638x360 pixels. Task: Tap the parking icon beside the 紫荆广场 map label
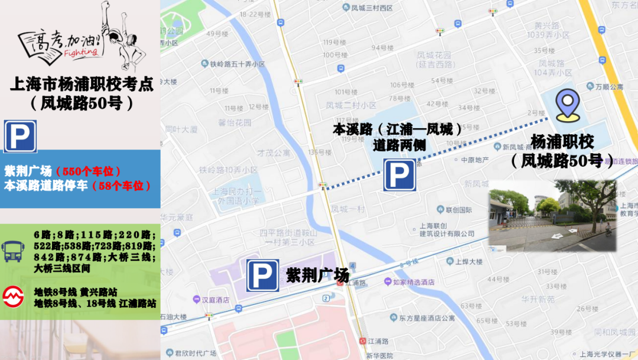tap(262, 275)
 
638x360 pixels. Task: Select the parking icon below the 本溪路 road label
tap(399, 175)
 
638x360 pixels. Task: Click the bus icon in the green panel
tap(14, 251)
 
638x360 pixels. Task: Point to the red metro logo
tap(14, 296)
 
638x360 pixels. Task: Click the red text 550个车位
tap(89, 171)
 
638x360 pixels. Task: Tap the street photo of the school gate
tap(552, 216)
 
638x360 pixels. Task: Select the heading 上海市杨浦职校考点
tap(82, 84)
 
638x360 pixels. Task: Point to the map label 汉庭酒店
tap(215, 300)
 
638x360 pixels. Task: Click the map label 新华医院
tap(379, 355)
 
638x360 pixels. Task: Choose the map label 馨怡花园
tap(235, 123)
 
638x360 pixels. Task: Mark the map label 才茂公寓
tap(273, 152)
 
